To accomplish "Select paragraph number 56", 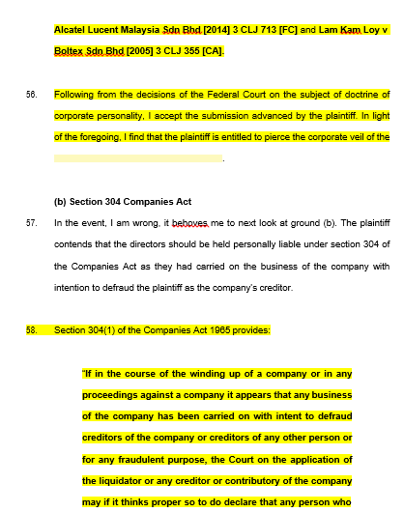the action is click(x=32, y=95).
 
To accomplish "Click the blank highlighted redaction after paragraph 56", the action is click(x=137, y=157).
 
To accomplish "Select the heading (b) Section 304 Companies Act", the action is click(x=123, y=202).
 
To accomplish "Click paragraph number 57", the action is click(x=32, y=222).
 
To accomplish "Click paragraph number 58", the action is click(x=32, y=330).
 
